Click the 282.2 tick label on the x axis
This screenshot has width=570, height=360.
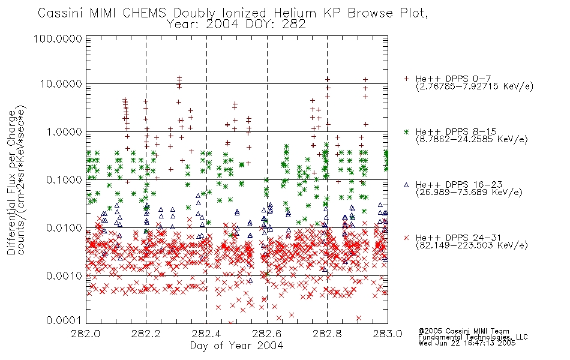[146, 334]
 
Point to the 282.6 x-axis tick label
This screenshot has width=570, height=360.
[266, 334]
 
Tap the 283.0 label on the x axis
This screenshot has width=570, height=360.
[388, 334]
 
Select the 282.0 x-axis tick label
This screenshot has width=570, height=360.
[85, 334]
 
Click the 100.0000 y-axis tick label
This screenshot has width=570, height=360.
[58, 38]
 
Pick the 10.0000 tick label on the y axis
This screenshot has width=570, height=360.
[61, 84]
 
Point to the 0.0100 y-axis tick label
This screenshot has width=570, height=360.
[64, 228]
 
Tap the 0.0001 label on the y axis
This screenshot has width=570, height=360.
[64, 320]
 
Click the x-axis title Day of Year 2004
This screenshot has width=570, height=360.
[236, 346]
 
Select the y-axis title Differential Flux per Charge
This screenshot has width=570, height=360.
[11, 182]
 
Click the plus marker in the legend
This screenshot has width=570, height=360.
[406, 79]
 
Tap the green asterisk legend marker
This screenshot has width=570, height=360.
[406, 131]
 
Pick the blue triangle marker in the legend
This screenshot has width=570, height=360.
[406, 185]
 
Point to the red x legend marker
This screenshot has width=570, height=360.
[406, 238]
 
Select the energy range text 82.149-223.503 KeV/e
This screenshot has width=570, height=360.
[472, 245]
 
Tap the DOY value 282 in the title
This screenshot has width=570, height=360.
[295, 25]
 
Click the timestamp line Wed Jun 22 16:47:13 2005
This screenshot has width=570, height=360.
[467, 343]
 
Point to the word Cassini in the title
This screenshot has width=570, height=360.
[61, 13]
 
